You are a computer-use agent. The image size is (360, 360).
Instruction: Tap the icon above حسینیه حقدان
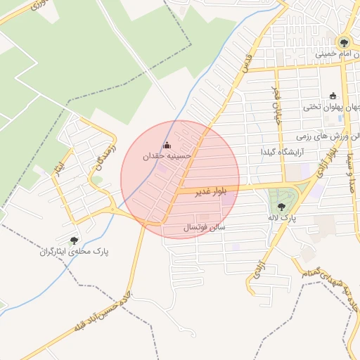click(167, 146)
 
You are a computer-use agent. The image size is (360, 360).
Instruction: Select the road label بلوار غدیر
click(196, 191)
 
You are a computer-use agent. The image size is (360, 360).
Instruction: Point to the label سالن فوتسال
click(203, 228)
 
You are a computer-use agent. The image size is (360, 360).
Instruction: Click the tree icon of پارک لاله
click(282, 207)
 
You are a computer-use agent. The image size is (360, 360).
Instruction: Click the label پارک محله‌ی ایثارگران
click(73, 251)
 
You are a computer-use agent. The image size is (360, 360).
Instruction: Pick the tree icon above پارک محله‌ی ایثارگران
click(74, 240)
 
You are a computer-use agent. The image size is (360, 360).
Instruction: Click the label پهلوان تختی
click(333, 108)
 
